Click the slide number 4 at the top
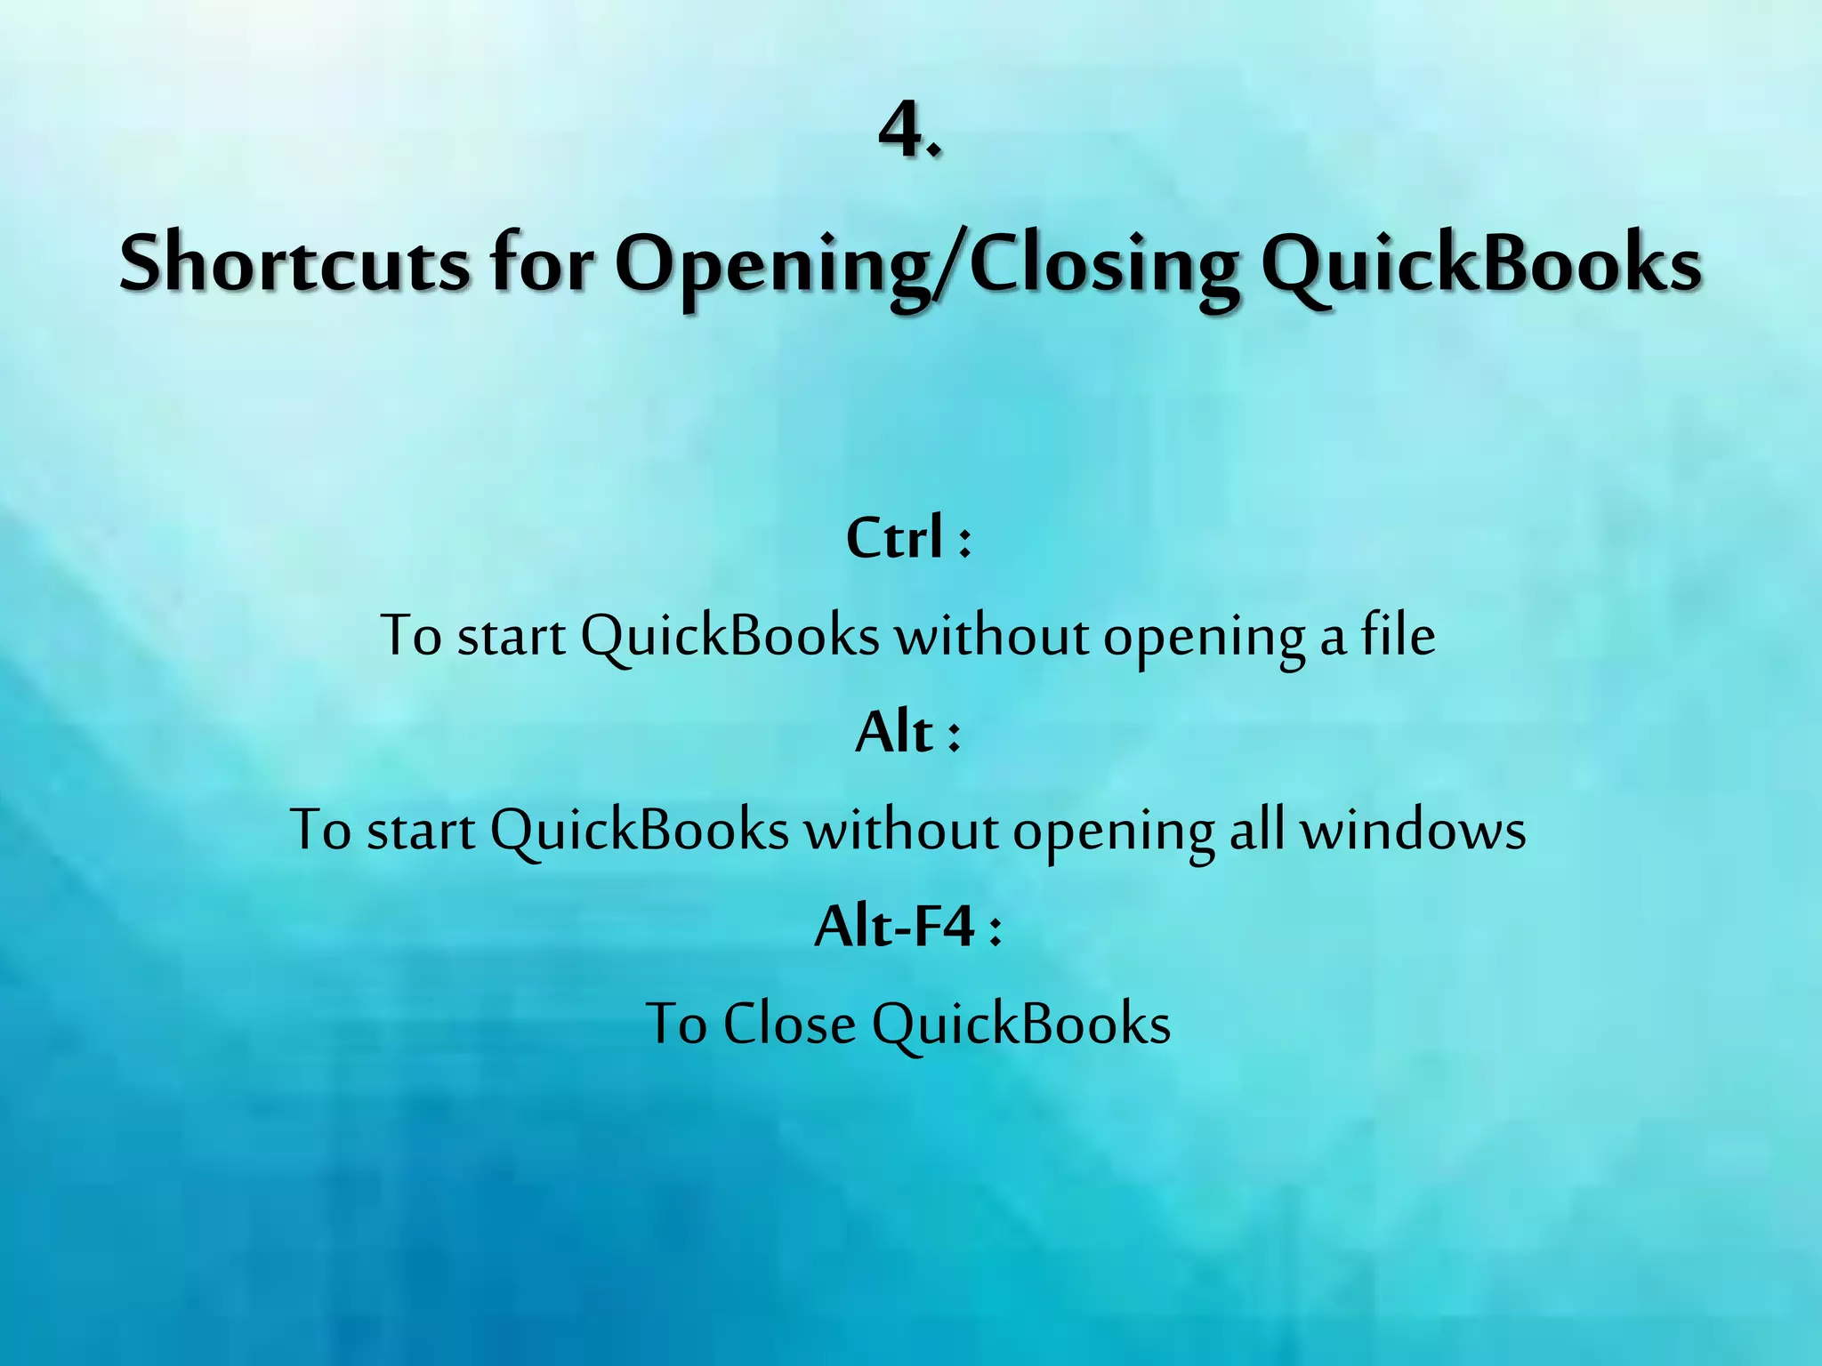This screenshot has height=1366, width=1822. (x=899, y=130)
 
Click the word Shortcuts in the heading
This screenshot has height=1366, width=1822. (x=294, y=263)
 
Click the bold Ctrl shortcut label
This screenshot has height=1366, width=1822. (x=894, y=538)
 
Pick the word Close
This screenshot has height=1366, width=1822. (x=788, y=1024)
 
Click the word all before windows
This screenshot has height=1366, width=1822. (x=1256, y=830)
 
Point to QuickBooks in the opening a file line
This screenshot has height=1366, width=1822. (x=730, y=637)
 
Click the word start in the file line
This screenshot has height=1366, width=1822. (x=511, y=637)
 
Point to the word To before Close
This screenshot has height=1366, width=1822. (x=676, y=1024)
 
